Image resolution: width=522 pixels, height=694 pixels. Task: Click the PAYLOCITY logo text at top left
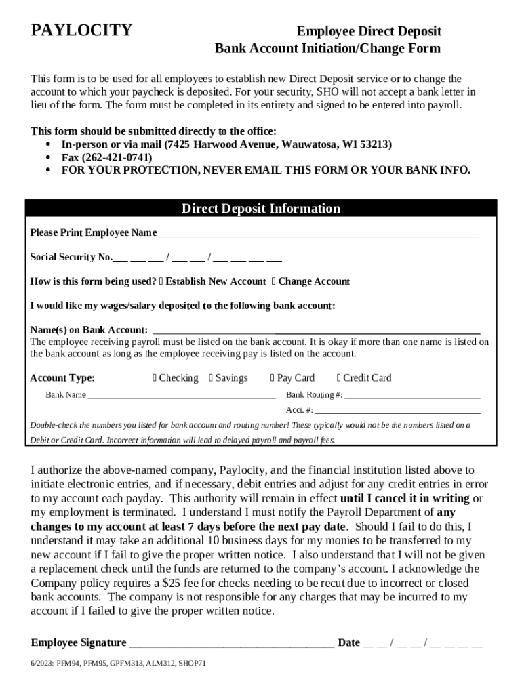coord(81,30)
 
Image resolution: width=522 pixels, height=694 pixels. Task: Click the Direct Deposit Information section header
coord(260,209)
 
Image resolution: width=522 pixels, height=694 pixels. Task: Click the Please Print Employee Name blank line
coord(317,233)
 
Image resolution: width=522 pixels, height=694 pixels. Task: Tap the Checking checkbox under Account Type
coord(155,378)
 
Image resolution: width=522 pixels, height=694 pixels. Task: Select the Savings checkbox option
coord(212,378)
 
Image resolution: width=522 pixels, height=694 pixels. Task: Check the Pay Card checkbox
coord(273,378)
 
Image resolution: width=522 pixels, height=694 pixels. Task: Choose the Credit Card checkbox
coord(339,378)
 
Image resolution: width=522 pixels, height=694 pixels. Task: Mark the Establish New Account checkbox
coord(161,281)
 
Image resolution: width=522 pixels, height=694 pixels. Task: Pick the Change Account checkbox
coord(274,281)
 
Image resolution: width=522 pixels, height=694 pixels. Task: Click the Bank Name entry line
coord(181,395)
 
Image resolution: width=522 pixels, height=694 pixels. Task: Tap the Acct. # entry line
coord(397,410)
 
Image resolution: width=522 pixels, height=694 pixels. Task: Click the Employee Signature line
coord(230,643)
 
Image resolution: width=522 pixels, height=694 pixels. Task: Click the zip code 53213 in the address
coord(375,145)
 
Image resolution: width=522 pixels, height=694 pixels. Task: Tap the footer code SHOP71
coord(192,664)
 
